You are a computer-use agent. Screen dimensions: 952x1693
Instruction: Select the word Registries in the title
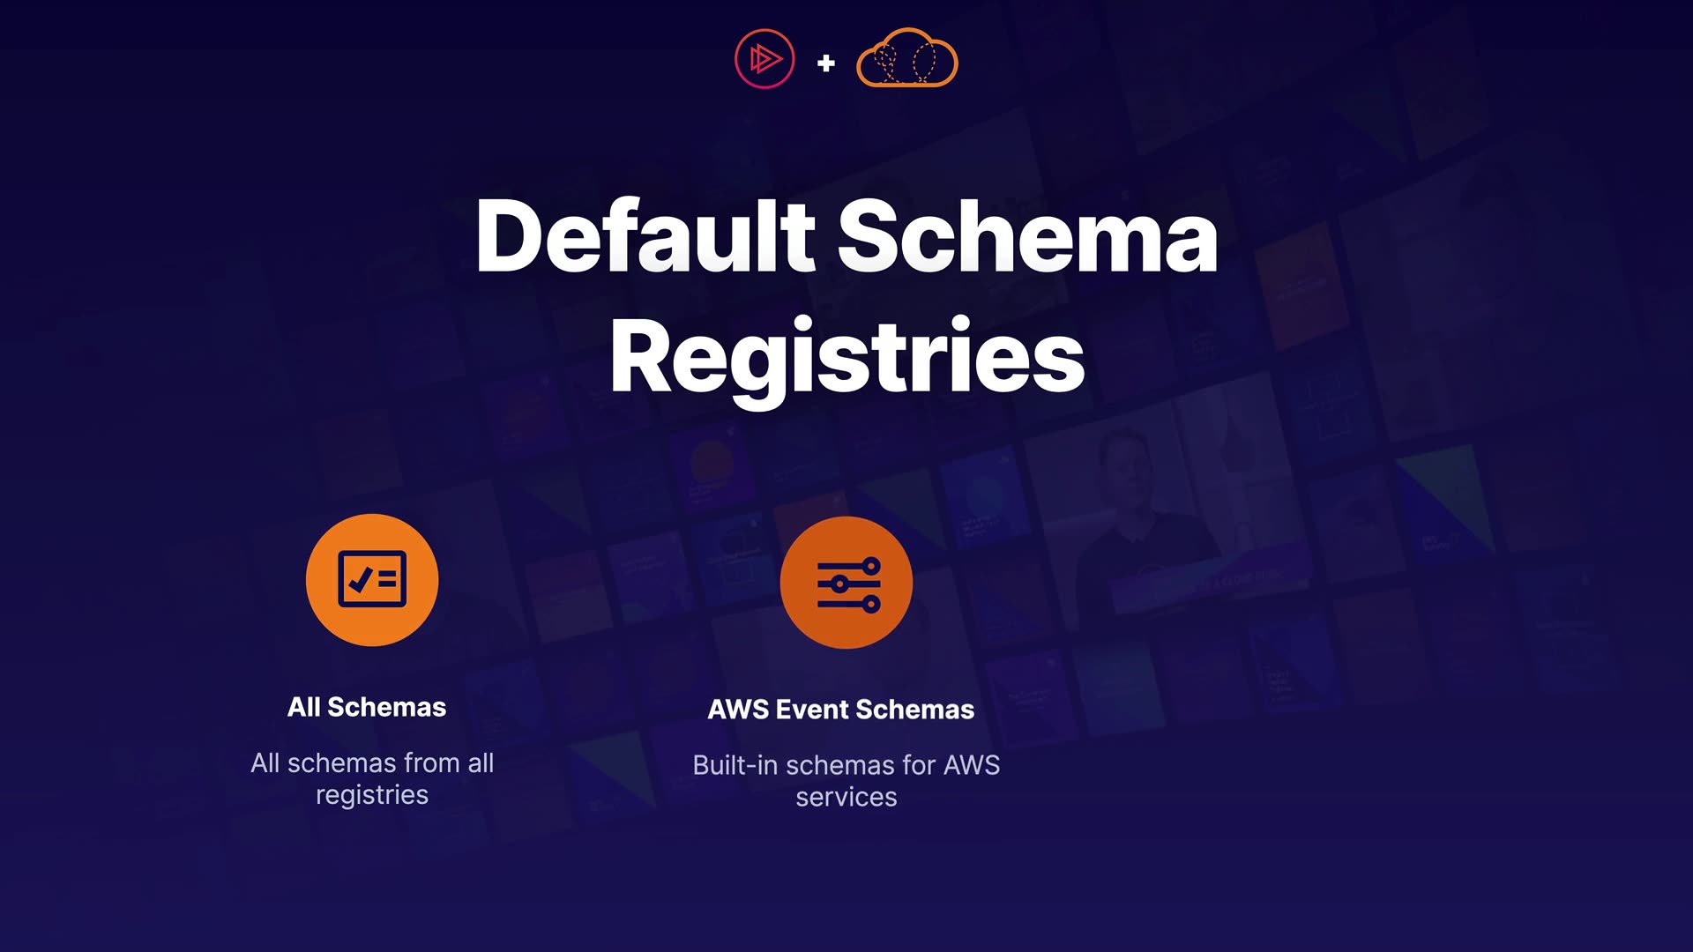(846, 357)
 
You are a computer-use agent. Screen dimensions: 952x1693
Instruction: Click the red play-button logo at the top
(764, 60)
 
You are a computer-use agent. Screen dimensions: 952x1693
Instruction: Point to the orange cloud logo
(907, 58)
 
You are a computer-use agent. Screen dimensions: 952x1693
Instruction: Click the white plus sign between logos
(826, 63)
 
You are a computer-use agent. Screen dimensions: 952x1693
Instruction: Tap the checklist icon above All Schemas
(372, 580)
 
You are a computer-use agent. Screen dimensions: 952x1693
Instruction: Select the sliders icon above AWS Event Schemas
(846, 584)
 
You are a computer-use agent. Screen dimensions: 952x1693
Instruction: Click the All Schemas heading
(367, 707)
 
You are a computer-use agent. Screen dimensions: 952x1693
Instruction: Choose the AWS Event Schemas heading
(841, 710)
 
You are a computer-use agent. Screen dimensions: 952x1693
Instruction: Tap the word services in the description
(846, 798)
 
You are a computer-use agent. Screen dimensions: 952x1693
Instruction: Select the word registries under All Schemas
(372, 795)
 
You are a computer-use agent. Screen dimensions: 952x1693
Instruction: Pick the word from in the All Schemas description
(431, 763)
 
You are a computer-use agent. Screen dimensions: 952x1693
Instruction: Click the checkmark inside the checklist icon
(360, 579)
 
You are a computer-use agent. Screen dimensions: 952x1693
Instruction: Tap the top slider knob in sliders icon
(871, 564)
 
